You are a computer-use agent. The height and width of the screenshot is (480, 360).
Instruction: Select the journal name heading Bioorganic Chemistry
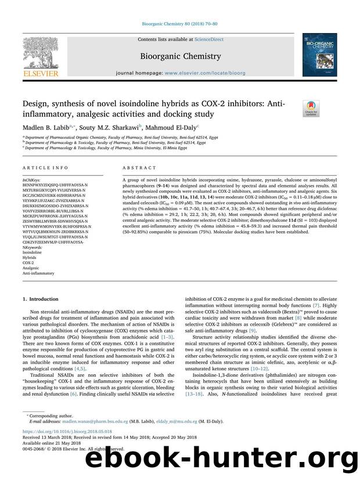coord(181,56)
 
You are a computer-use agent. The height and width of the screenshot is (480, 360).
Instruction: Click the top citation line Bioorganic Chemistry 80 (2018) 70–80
coord(179,26)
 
